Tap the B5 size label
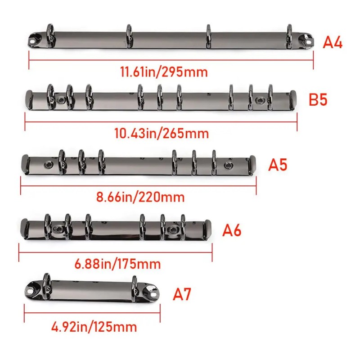(318, 99)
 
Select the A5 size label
(278, 165)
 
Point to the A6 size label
(232, 230)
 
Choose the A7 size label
(182, 294)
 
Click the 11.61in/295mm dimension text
(164, 72)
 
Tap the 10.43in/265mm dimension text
(162, 133)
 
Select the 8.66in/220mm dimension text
(140, 197)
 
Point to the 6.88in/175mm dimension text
(117, 264)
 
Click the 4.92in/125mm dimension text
(94, 327)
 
